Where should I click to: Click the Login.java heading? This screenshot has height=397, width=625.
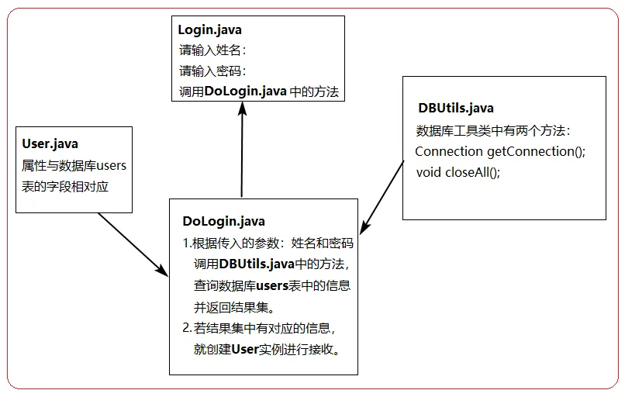(209, 30)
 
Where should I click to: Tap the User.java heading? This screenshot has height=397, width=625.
(50, 144)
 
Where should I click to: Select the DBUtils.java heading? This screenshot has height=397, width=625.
(455, 108)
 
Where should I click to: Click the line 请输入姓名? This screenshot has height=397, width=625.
(212, 51)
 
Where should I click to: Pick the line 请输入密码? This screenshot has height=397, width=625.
(212, 71)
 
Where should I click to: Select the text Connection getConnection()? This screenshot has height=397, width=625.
(500, 151)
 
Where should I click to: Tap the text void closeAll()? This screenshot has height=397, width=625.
(458, 172)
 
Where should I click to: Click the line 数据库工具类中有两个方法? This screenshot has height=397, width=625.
(493, 130)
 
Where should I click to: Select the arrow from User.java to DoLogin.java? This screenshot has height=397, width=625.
(134, 243)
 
